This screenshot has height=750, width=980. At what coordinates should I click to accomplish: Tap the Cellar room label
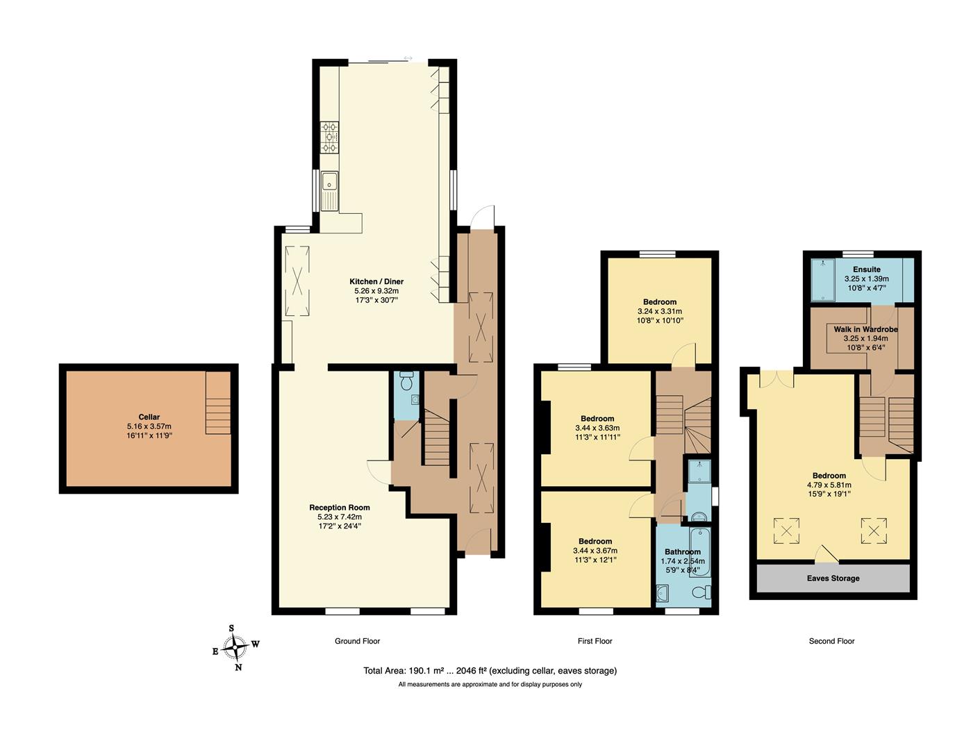pos(149,417)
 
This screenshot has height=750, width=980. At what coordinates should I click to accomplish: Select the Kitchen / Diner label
pos(376,281)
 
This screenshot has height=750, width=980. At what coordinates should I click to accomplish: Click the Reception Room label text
pos(339,508)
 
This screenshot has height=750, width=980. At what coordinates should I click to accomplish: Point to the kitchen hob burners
pos(329,137)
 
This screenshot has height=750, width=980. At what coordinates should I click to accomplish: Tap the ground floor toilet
pos(406,381)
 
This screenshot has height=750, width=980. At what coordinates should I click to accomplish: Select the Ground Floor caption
pos(357,641)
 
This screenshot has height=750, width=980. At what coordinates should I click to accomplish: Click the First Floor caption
pos(595,641)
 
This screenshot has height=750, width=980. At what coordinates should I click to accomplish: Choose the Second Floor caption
pos(831,641)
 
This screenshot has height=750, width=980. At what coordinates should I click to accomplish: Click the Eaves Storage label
pos(833,578)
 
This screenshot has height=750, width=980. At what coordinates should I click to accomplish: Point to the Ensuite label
pos(866,269)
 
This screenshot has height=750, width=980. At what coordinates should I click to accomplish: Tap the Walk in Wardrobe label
pos(865,329)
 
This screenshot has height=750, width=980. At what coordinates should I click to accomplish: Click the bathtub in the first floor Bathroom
pos(699,551)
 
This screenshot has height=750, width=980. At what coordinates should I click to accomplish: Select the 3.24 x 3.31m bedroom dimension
pos(659,312)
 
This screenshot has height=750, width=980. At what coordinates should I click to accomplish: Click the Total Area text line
pos(490,671)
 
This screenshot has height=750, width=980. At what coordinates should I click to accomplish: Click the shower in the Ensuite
pos(823,279)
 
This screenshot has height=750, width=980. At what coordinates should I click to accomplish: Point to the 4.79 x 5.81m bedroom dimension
pos(829,485)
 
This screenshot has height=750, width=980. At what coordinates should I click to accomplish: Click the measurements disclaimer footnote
pos(490,685)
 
